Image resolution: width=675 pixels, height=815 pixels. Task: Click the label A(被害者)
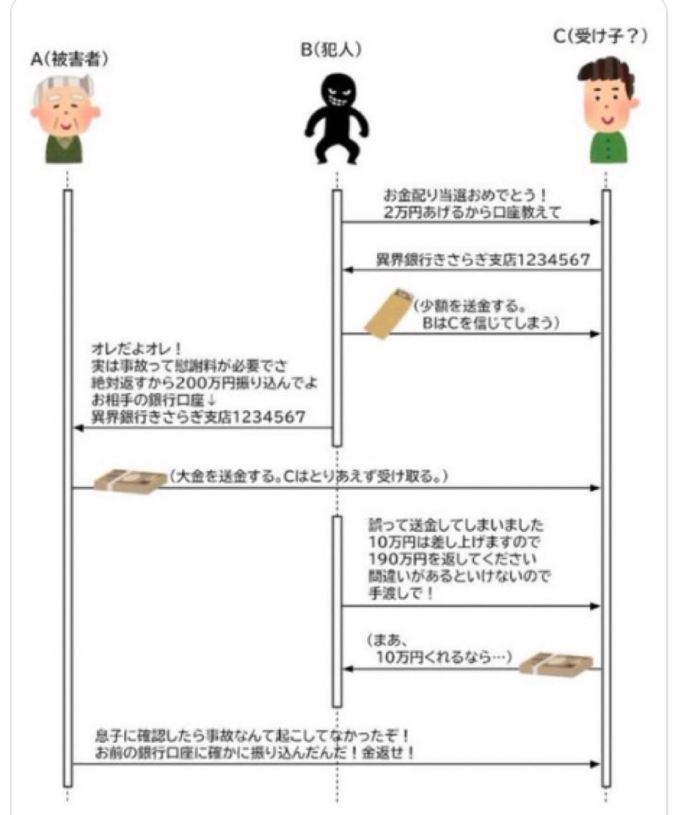pyautogui.click(x=68, y=60)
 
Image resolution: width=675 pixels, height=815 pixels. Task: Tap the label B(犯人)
pyautogui.click(x=333, y=50)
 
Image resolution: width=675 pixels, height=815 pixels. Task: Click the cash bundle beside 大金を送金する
pyautogui.click(x=129, y=479)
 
